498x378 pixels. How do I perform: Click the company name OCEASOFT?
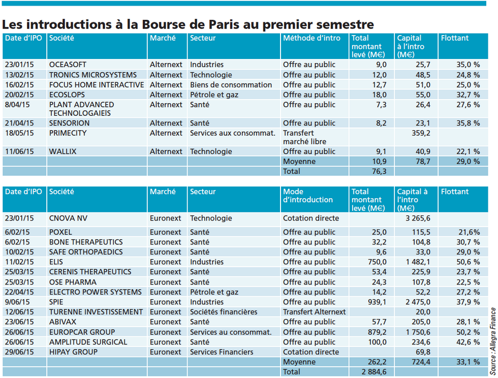click(68, 65)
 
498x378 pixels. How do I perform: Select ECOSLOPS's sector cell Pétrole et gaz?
click(214, 94)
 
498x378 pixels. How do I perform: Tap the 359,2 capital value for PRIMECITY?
click(421, 133)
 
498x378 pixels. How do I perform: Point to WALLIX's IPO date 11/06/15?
click(19, 151)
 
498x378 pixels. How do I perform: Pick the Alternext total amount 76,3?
click(379, 171)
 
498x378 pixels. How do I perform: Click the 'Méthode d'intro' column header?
click(312, 38)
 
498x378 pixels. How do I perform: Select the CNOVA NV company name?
click(68, 218)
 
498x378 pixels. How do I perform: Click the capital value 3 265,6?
click(418, 218)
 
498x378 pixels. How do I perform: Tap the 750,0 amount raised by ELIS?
click(377, 262)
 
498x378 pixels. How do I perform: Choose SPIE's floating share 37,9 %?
click(468, 302)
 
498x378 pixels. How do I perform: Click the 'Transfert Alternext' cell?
click(314, 312)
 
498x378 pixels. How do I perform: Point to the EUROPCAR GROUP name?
click(82, 332)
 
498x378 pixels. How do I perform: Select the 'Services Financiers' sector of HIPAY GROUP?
click(222, 352)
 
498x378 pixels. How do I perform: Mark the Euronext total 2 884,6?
click(374, 371)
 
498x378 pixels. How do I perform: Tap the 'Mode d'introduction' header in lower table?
click(308, 196)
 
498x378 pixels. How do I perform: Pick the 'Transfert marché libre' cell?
click(304, 137)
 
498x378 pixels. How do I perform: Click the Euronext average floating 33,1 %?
click(468, 362)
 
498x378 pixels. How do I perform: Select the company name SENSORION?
click(69, 123)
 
